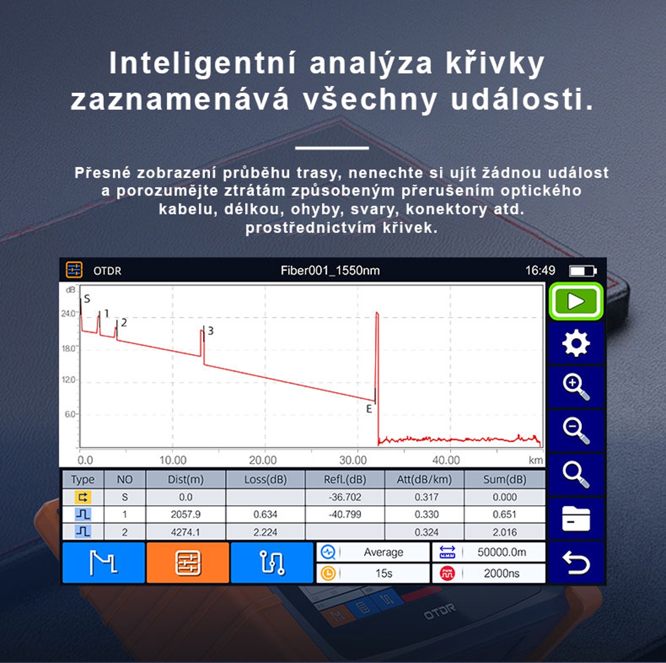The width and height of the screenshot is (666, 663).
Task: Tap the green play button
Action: tap(576, 302)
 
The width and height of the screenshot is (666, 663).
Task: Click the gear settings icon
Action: tap(576, 343)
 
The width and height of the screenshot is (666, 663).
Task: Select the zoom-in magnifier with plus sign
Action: tap(576, 386)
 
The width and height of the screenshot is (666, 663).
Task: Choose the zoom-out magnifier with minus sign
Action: tap(576, 430)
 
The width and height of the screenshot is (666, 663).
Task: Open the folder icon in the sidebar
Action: tap(576, 518)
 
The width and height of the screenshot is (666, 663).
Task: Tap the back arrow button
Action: tap(576, 562)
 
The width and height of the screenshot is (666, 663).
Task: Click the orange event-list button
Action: tap(188, 562)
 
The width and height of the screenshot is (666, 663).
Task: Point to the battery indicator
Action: tap(583, 271)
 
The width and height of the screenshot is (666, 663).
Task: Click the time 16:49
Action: tap(540, 270)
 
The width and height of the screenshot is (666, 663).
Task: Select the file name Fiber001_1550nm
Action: tap(330, 270)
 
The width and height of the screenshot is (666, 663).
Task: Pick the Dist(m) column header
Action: tap(185, 479)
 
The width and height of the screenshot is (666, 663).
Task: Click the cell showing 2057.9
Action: tap(185, 514)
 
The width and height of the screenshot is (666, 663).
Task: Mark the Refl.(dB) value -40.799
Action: tap(345, 514)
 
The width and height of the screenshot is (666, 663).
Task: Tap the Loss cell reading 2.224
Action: tap(265, 532)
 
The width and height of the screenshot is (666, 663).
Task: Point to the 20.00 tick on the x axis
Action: tap(263, 460)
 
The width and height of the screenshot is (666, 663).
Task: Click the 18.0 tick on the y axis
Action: tap(68, 348)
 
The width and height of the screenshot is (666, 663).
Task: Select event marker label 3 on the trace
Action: tap(210, 330)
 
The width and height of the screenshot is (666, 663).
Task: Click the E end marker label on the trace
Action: tap(369, 409)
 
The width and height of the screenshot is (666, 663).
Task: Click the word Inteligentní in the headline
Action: tap(203, 63)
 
